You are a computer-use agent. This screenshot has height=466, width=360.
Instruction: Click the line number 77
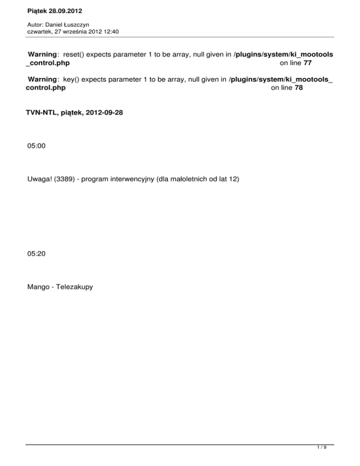(307, 63)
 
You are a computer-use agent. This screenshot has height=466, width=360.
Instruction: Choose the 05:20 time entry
(37, 254)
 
